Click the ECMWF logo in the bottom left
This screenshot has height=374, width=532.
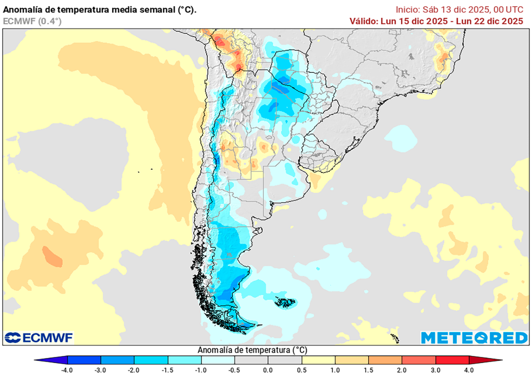(39, 338)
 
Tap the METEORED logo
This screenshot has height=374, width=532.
(474, 338)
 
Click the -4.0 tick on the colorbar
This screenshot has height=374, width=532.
(68, 370)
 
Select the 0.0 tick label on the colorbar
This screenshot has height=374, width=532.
(268, 370)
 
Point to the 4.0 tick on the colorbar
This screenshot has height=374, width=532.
(469, 370)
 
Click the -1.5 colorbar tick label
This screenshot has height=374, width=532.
(168, 370)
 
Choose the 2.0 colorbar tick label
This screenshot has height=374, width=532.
(402, 370)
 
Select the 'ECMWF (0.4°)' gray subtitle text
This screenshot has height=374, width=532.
(32, 21)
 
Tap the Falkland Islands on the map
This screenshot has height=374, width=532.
(285, 302)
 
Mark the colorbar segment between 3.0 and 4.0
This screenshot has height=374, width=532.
(452, 360)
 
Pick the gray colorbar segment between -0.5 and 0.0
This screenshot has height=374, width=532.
(251, 360)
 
